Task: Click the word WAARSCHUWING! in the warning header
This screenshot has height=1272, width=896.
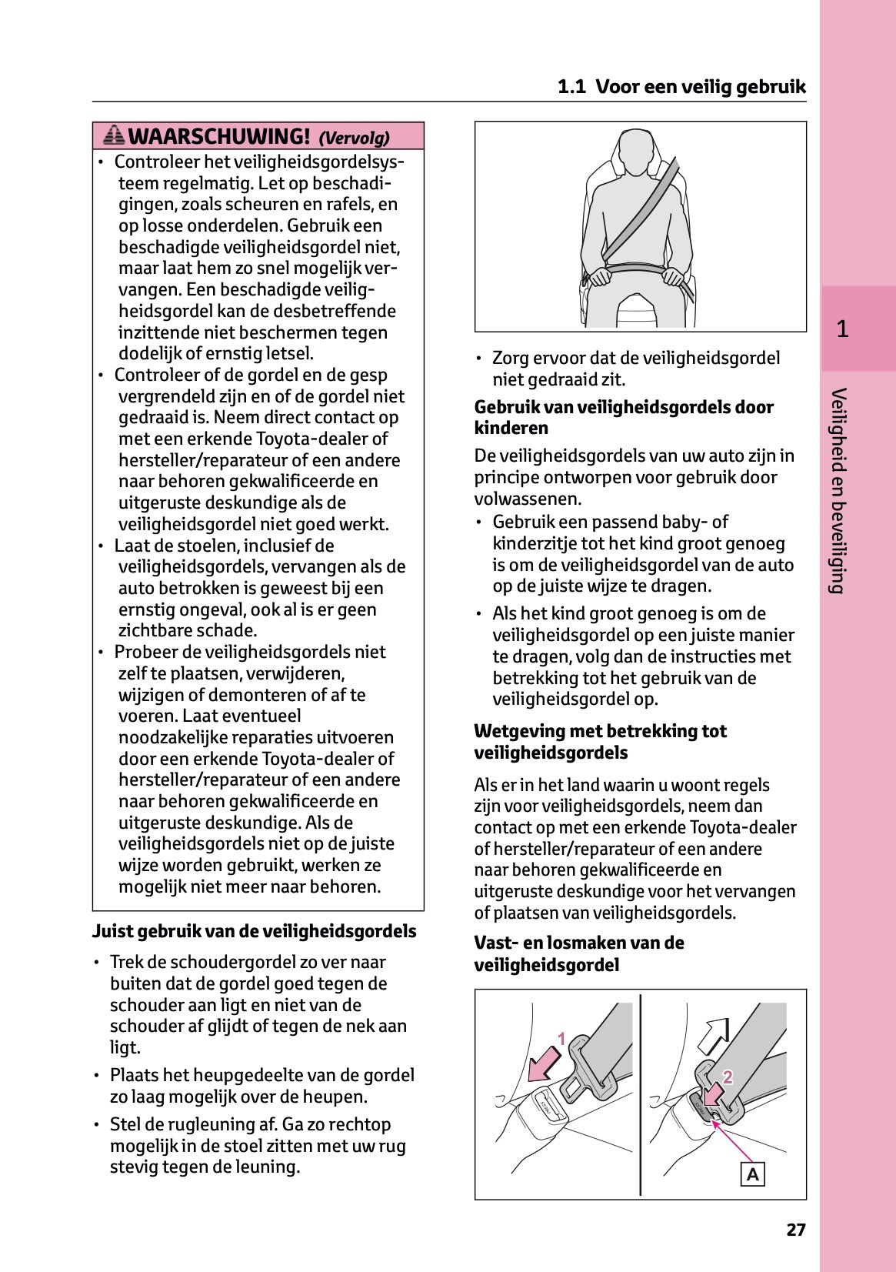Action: pos(219,137)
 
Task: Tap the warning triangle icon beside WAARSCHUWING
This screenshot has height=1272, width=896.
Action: pos(114,136)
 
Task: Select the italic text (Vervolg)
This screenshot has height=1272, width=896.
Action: pos(354,138)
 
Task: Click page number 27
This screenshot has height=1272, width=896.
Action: pos(796,1230)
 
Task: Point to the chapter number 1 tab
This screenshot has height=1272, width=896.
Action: pos(843,329)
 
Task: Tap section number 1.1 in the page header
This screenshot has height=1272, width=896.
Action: pos(571,87)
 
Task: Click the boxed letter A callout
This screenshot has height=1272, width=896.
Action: pos(752,1174)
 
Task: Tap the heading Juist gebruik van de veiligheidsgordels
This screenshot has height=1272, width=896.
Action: pos(254,932)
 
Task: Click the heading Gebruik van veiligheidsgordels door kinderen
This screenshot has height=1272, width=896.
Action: pos(624,417)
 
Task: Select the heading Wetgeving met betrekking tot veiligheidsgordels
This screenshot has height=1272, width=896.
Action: pos(600,742)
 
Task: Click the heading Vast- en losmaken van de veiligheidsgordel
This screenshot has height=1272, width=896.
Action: pos(578,953)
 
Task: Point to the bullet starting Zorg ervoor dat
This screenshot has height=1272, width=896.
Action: pos(635,368)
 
